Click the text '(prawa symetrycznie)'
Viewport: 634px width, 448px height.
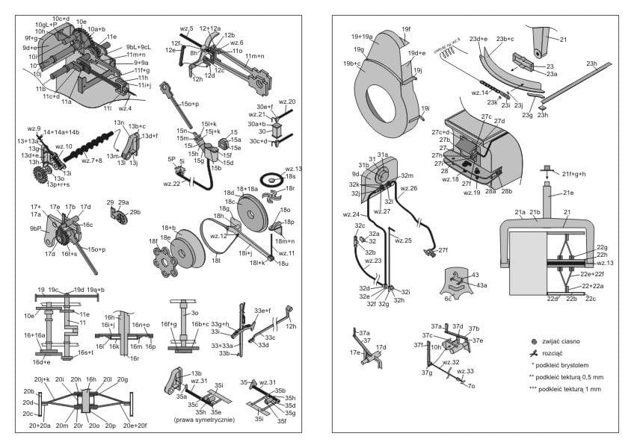tap(204, 420)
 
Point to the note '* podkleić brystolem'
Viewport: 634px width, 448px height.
tap(565, 365)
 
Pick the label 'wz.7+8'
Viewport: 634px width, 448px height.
tap(92, 161)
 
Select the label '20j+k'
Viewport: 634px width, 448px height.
tap(41, 379)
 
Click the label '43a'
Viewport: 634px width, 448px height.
tap(481, 285)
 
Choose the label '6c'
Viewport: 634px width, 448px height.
tap(449, 297)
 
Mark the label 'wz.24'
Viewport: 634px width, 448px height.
tap(352, 215)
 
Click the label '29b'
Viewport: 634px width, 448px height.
tap(135, 213)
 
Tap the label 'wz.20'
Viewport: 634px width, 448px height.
tap(286, 102)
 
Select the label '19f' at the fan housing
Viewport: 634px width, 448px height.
tap(406, 30)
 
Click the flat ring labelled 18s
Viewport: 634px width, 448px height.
tap(271, 179)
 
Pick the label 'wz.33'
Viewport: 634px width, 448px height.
tap(465, 371)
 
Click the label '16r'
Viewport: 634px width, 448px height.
tap(135, 358)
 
